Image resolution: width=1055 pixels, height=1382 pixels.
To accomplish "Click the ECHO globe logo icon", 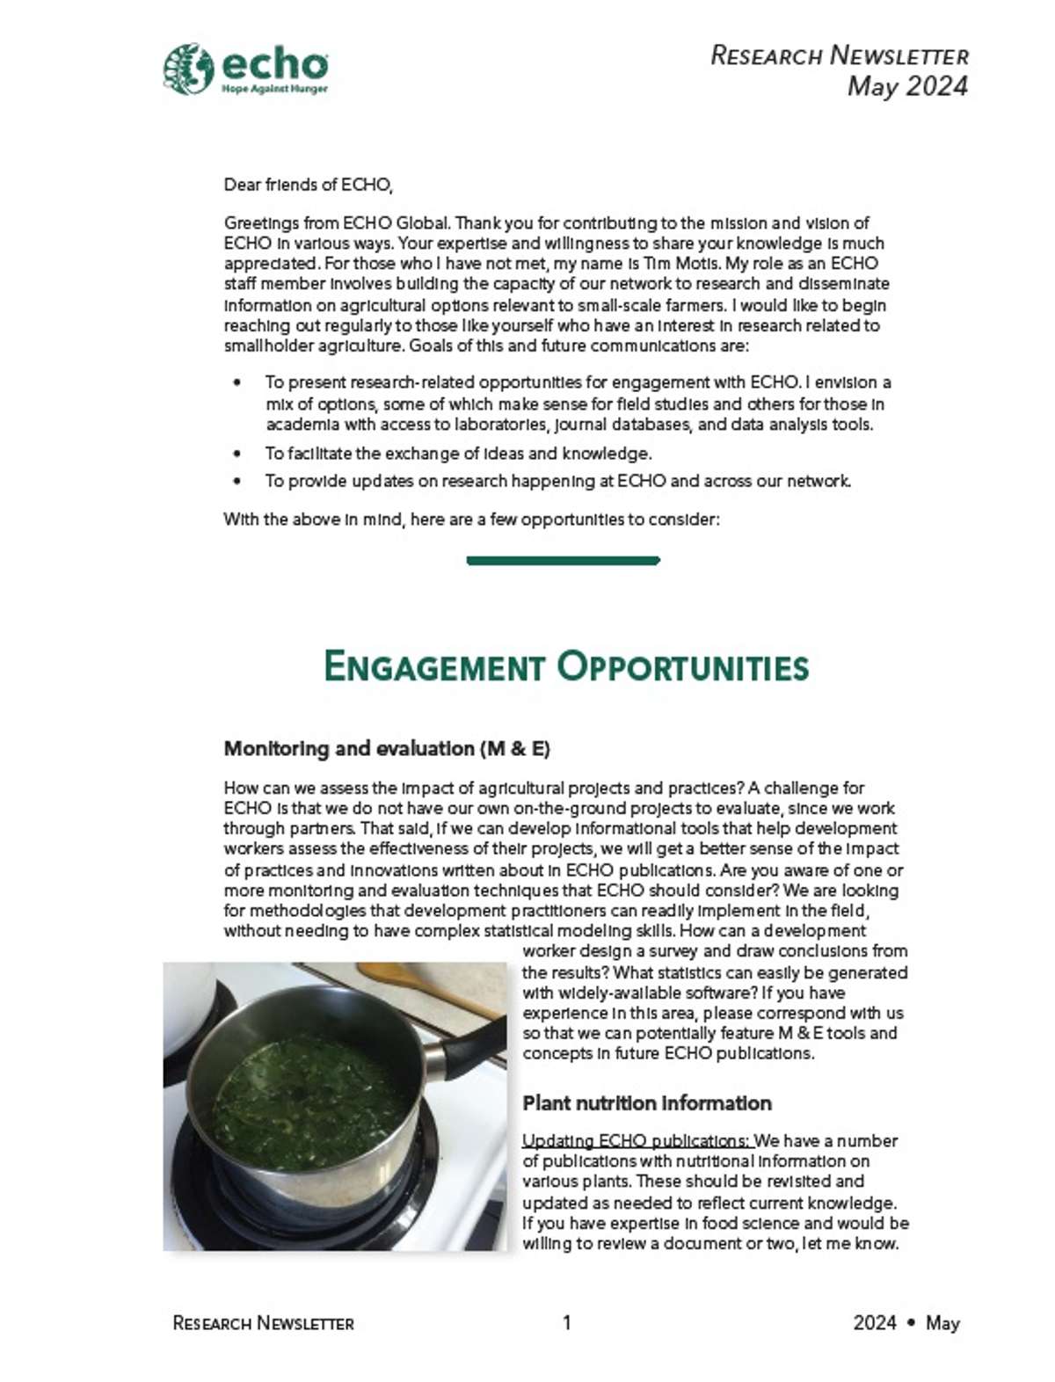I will click(x=188, y=68).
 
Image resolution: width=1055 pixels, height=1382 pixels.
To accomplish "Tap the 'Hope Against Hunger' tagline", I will click(x=274, y=90).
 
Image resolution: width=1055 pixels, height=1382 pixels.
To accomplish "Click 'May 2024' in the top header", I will click(x=907, y=86).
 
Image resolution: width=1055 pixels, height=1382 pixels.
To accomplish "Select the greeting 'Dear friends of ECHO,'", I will click(x=308, y=185).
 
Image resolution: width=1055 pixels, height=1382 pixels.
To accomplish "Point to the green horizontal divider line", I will click(x=563, y=560).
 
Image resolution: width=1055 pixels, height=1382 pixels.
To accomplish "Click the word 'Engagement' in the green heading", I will click(x=434, y=666).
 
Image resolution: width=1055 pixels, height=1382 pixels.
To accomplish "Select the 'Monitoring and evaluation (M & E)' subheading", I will click(x=387, y=749).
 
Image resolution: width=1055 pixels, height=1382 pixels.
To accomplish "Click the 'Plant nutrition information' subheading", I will click(x=647, y=1103).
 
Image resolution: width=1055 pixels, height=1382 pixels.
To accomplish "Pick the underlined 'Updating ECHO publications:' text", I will click(x=637, y=1141).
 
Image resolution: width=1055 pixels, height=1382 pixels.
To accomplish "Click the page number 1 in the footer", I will click(x=567, y=1322).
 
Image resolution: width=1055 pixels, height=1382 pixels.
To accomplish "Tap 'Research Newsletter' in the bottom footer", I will click(x=263, y=1323).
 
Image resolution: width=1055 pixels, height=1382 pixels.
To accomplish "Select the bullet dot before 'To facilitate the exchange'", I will click(x=237, y=455).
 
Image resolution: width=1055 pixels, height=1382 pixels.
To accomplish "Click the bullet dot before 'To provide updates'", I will click(x=237, y=482).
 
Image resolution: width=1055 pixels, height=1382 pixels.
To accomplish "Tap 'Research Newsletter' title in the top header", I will click(x=839, y=56).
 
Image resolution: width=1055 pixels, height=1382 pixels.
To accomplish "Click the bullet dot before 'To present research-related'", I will click(x=237, y=383).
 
